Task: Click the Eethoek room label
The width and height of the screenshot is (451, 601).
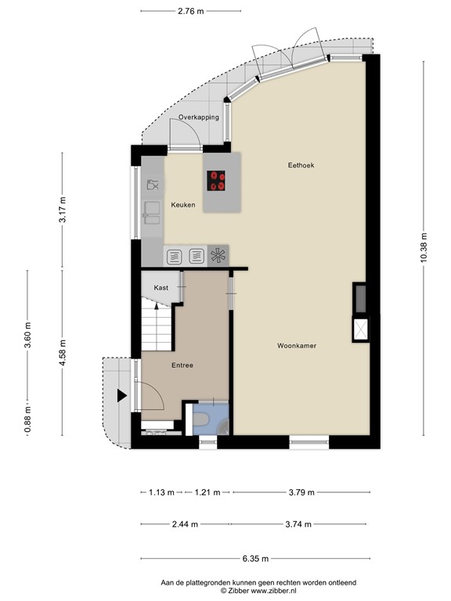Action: pyautogui.click(x=301, y=165)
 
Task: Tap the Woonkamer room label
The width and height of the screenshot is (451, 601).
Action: pyautogui.click(x=297, y=346)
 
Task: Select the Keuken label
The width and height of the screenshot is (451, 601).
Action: pyautogui.click(x=183, y=205)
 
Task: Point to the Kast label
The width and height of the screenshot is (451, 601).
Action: pyautogui.click(x=161, y=287)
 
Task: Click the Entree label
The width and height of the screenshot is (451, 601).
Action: pyautogui.click(x=182, y=365)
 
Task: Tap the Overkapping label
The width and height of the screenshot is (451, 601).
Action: pyautogui.click(x=199, y=117)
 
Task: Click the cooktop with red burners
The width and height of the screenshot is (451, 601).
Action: pyautogui.click(x=216, y=181)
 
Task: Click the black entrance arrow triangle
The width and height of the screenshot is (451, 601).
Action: pyautogui.click(x=122, y=396)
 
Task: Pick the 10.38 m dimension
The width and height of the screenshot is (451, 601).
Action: pyautogui.click(x=424, y=248)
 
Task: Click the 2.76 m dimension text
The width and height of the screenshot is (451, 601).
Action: pyautogui.click(x=190, y=11)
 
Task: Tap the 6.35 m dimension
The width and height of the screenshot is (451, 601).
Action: pyautogui.click(x=255, y=559)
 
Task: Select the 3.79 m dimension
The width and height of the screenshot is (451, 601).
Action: pyautogui.click(x=301, y=492)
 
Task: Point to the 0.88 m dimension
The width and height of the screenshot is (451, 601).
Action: pyautogui.click(x=27, y=419)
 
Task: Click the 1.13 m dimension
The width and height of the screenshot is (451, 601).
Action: pyautogui.click(x=161, y=492)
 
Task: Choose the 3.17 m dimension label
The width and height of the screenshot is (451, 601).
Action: pyautogui.click(x=63, y=209)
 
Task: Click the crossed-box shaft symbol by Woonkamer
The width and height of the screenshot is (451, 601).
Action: pyautogui.click(x=360, y=329)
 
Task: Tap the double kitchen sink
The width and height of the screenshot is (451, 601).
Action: pyautogui.click(x=152, y=213)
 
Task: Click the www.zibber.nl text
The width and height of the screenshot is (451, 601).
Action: pyautogui.click(x=273, y=591)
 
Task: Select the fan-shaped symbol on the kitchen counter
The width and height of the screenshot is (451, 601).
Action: pyautogui.click(x=218, y=256)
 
